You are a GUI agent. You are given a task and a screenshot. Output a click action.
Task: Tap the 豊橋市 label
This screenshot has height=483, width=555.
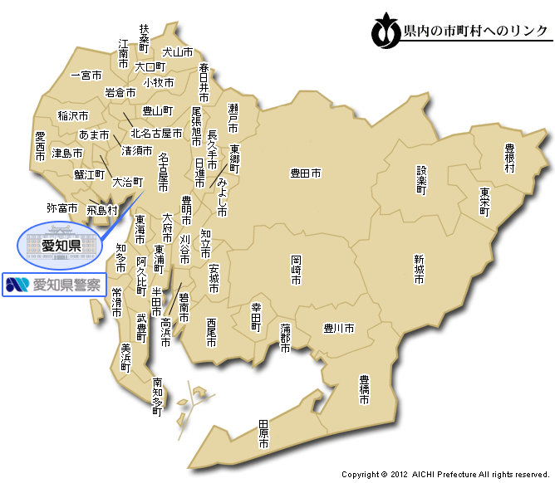364,389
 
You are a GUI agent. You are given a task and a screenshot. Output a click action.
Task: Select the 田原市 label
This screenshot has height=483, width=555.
263,434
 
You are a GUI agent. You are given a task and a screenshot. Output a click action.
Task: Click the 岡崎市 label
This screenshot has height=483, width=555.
296,270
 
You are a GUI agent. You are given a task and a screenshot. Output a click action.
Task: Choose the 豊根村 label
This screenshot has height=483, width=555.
509,158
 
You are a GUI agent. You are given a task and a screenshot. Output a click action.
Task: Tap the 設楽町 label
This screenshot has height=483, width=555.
421,179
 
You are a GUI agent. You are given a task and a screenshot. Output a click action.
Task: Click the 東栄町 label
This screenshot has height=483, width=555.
484,202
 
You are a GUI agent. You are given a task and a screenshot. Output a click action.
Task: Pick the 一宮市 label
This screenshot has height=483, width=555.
86,75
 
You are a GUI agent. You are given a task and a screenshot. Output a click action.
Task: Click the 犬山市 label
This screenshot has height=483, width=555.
177,51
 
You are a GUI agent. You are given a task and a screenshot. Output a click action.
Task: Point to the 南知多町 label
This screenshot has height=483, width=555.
157,396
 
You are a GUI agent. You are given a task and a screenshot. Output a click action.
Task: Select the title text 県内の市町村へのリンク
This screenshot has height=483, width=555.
474,32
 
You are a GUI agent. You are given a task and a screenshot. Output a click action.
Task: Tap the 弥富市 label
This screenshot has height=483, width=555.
62,207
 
